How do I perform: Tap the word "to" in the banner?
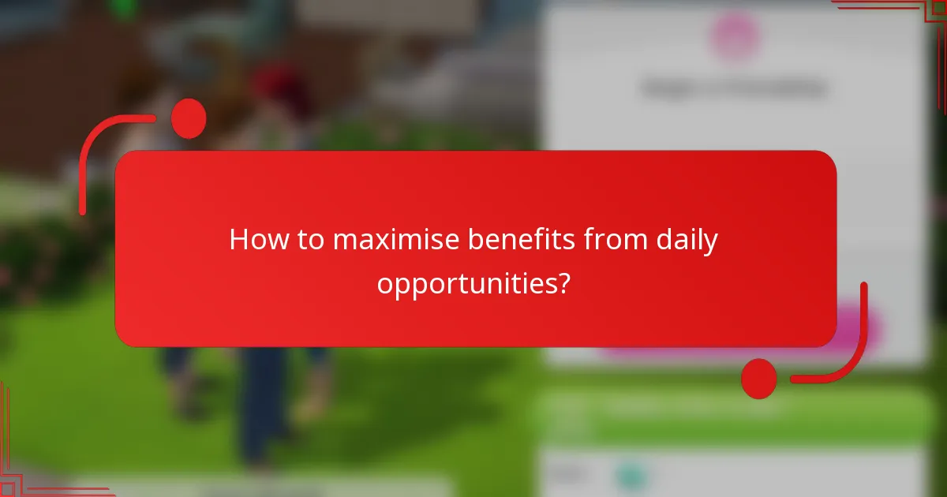tap(309, 240)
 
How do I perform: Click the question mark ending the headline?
tap(563, 282)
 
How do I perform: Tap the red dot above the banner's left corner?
tap(189, 118)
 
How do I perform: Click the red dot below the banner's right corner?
tap(759, 378)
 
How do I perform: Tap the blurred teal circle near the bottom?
tap(631, 476)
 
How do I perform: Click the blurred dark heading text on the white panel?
tap(734, 88)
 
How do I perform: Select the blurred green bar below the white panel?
tap(734, 414)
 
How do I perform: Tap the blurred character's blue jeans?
tap(260, 402)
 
